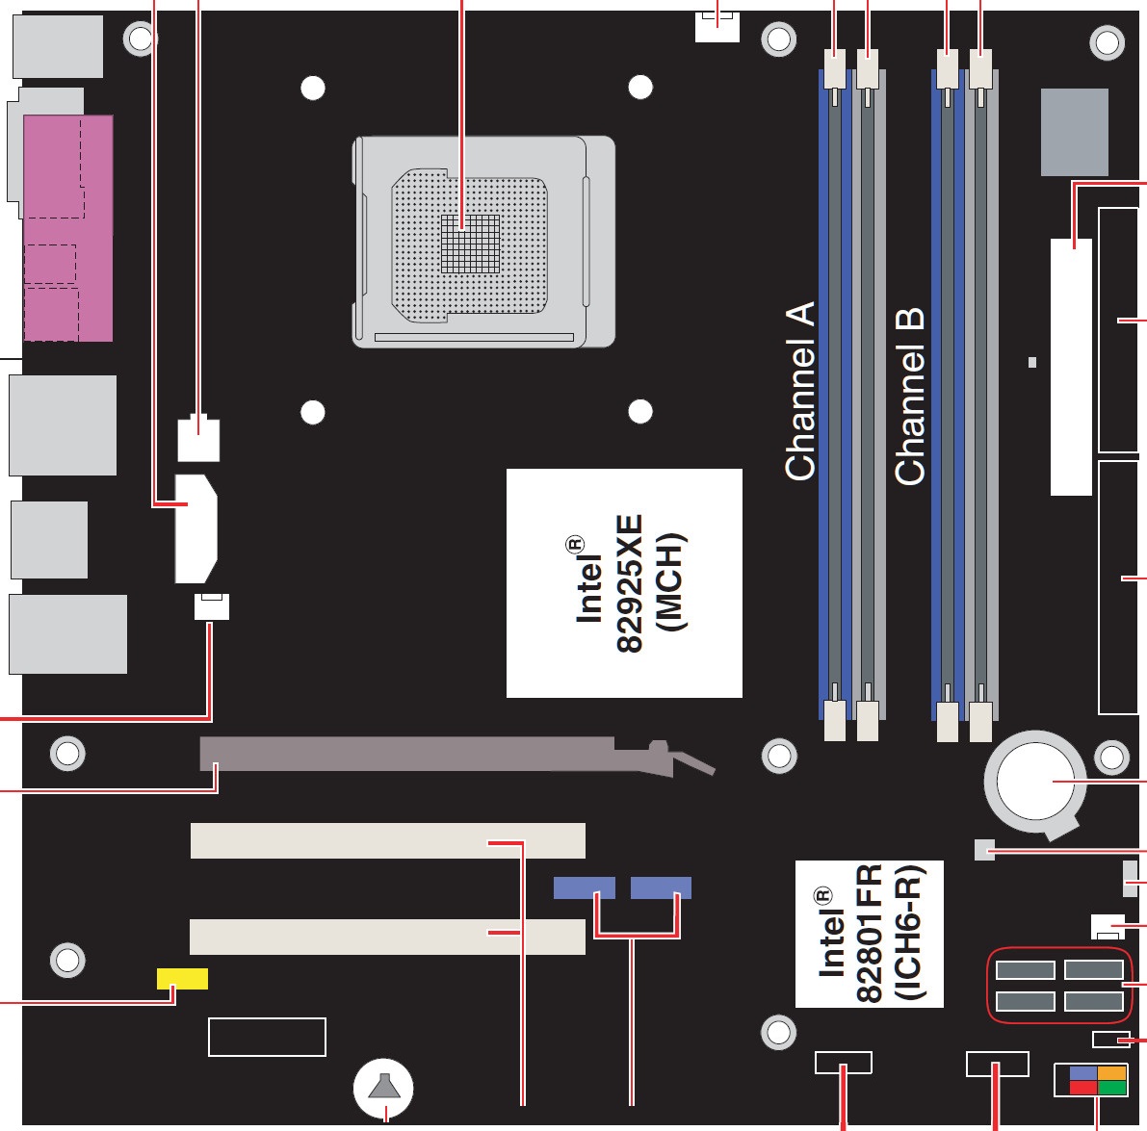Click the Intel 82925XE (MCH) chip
624,582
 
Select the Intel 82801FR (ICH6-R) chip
869,934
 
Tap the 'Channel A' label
799,391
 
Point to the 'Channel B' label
909,397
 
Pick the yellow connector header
182,978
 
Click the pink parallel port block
68,227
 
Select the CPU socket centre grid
470,244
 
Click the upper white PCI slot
388,840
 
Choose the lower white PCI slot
387,937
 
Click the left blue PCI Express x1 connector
584,887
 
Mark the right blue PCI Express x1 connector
661,887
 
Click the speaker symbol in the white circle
383,1088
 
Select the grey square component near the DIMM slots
1074,132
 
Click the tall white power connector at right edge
1071,367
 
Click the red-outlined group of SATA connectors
1059,985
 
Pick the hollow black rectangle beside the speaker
267,1037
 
